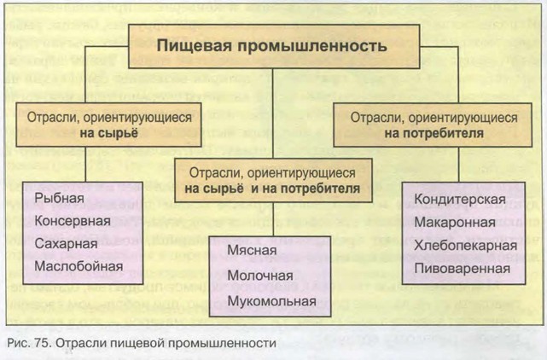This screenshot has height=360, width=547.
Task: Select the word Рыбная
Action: click(60, 200)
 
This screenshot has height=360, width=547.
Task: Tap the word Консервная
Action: click(73, 222)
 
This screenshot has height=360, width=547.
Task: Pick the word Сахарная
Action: click(67, 244)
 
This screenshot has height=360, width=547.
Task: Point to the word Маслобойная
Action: click(79, 266)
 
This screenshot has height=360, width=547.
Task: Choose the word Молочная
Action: click(260, 276)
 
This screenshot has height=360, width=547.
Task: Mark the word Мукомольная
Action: click(271, 300)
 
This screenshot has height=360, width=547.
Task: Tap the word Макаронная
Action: click(455, 224)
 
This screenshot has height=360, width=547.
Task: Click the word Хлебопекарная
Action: click(465, 246)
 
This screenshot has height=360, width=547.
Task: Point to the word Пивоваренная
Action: click(462, 268)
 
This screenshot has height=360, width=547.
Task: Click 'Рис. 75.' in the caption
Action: click(26, 344)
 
